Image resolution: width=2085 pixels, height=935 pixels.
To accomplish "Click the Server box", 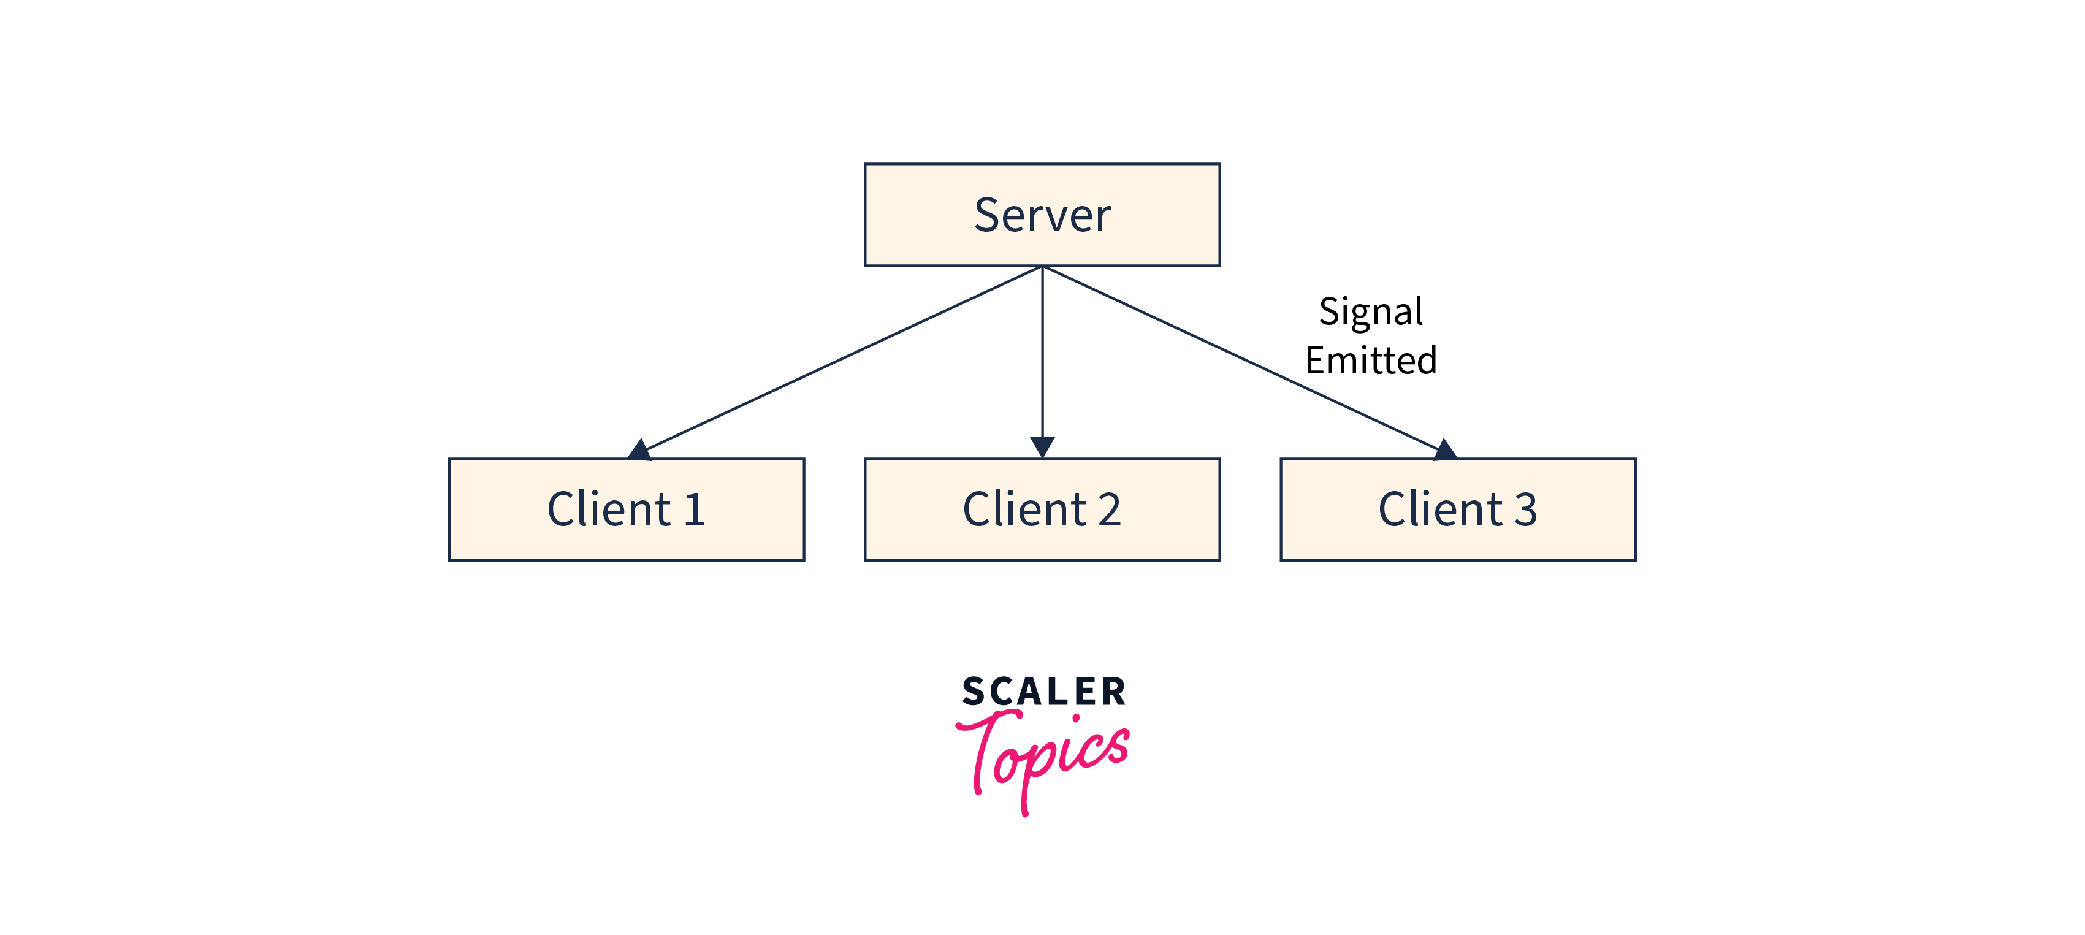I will tap(1042, 215).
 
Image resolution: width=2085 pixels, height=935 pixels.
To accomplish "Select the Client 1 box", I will tap(627, 509).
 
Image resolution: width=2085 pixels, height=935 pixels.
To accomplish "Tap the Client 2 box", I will tap(1042, 509).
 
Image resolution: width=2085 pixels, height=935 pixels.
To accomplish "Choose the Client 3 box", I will tap(1458, 509).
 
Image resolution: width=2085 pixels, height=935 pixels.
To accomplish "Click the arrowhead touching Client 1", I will tap(639, 450).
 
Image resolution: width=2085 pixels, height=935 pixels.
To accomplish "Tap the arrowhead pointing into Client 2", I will tap(1042, 447).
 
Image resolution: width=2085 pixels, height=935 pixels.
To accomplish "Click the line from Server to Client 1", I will tap(842, 359).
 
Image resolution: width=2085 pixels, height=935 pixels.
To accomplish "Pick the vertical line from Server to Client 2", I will tap(1042, 352).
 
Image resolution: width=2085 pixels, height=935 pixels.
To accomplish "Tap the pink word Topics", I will tap(1043, 757).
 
